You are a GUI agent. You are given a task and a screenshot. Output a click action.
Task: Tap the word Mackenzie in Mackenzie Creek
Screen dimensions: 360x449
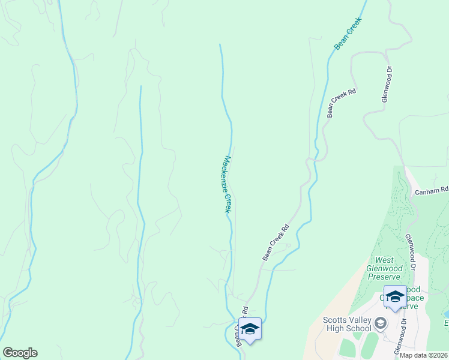point(226,172)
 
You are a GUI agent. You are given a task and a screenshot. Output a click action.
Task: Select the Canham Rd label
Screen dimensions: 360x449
point(432,191)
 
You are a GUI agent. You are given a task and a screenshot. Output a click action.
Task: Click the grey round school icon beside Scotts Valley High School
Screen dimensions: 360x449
point(379,324)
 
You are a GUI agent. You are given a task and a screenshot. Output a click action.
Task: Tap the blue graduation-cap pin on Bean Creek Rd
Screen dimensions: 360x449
point(250,329)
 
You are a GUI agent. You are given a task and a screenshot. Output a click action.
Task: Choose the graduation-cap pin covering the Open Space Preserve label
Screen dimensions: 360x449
point(395,297)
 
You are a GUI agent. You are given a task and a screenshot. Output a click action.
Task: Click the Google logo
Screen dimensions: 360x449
point(20,353)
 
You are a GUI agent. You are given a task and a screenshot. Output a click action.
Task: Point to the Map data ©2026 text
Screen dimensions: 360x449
point(424,355)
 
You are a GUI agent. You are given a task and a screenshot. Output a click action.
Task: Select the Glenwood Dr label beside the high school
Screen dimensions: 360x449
point(399,337)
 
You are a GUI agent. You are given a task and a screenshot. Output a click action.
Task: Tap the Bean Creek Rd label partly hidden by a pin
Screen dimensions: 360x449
point(241,327)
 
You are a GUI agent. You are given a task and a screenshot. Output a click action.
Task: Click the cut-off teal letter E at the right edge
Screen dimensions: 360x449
point(446,324)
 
